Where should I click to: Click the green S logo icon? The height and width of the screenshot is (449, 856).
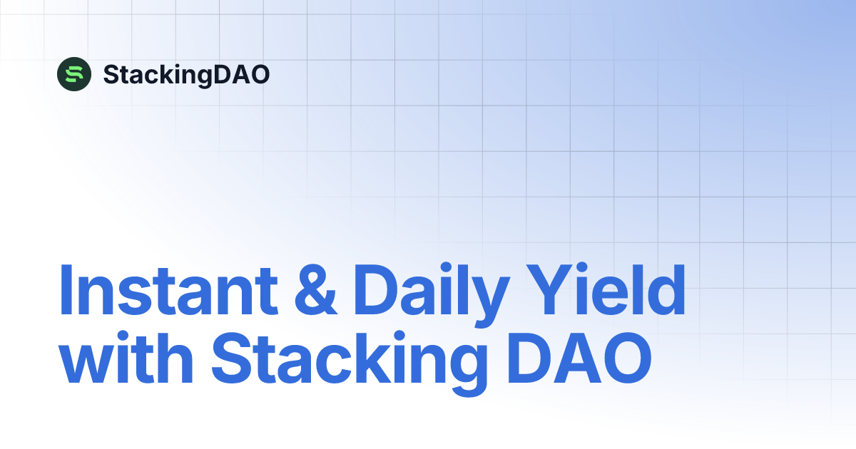point(74,73)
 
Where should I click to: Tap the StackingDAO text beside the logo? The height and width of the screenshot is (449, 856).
point(186,74)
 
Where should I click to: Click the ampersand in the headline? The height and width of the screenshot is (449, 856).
point(315,291)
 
